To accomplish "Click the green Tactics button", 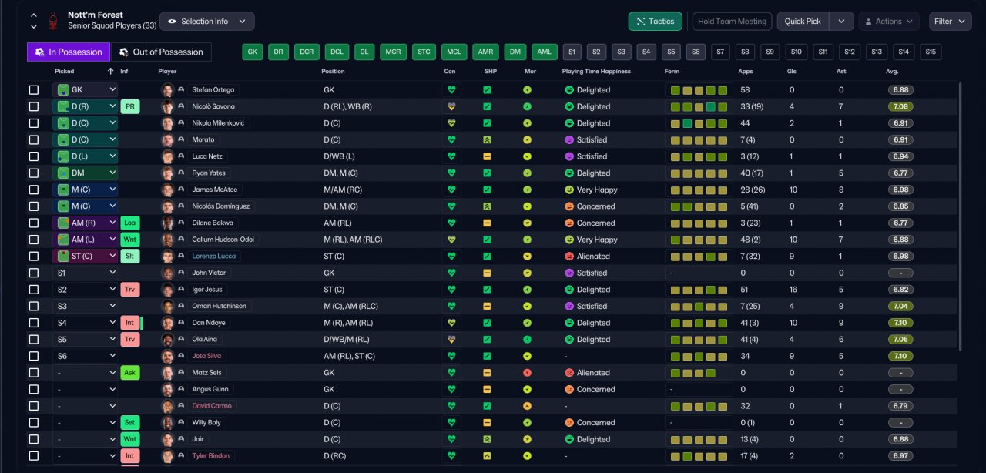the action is point(655,21).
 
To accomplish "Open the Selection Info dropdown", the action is point(207,21).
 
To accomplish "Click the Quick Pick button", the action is point(803,21).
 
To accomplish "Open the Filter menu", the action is point(950,21).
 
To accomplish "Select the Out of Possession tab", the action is point(161,52).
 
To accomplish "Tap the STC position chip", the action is point(424,52).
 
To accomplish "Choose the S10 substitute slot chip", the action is point(796,52).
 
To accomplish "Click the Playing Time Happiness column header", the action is point(596,72).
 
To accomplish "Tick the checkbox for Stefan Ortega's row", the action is point(34,90).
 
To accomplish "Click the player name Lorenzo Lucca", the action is point(213,256).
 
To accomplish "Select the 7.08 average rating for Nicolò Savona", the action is point(900,106).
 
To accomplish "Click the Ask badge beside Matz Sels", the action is point(130,373).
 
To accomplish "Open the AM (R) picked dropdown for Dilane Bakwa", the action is point(85,223).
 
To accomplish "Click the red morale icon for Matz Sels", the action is point(527,373).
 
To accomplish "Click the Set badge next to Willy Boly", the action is point(130,422).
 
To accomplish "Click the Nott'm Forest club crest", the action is point(53,21).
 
